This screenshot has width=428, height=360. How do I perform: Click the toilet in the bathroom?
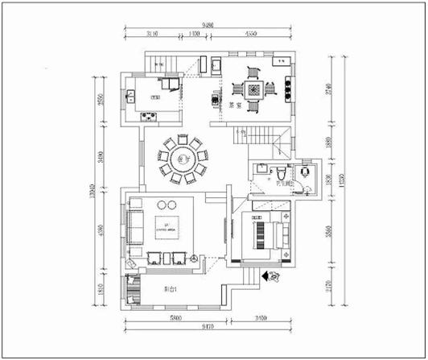tap(278, 173)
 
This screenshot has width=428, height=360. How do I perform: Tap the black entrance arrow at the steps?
tap(262, 276)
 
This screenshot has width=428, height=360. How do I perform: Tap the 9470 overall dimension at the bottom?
tap(207, 329)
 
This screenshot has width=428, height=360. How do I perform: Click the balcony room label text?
tap(171, 288)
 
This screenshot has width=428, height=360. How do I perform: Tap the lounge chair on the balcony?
tap(130, 288)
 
